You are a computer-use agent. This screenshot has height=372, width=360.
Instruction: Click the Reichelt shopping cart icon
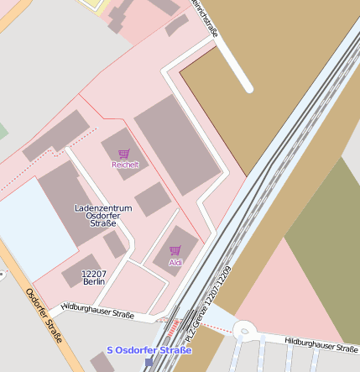(x=124, y=154)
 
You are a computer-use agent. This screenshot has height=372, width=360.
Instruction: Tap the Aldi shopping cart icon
(x=175, y=250)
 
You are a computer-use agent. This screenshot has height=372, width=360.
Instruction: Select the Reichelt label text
(x=124, y=165)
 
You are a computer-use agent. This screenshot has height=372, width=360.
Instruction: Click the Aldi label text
(x=175, y=263)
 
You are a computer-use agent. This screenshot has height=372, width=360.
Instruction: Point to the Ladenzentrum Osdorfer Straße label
(x=102, y=215)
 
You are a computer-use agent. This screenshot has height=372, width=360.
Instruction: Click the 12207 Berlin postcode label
(x=93, y=278)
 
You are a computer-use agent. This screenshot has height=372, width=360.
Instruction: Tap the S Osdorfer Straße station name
(x=149, y=350)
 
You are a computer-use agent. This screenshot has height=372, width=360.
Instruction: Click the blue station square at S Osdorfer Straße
(x=149, y=363)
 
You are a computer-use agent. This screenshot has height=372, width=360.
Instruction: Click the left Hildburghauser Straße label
(x=97, y=312)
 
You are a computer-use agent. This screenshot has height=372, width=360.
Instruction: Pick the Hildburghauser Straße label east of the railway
(x=321, y=344)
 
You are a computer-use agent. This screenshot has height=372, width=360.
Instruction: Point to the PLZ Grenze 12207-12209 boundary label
(x=213, y=299)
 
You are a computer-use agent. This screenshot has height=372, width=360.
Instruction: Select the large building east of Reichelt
(x=175, y=143)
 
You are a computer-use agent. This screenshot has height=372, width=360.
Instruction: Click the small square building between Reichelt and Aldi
(x=152, y=199)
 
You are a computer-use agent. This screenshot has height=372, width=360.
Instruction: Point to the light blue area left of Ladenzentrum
(x=34, y=227)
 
